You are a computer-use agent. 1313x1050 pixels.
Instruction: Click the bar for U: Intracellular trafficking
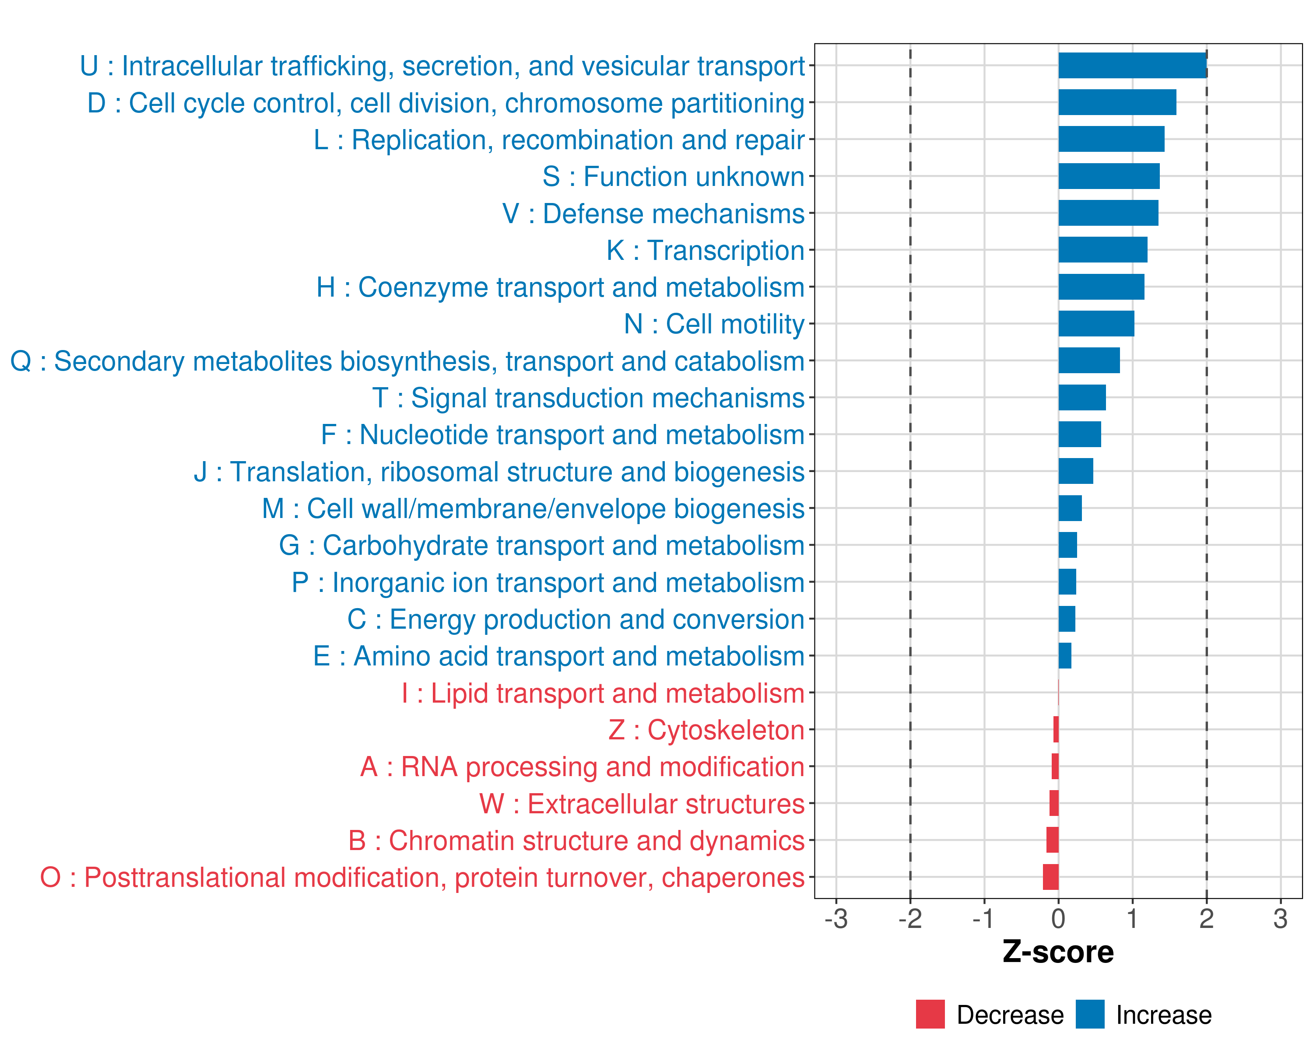(1132, 66)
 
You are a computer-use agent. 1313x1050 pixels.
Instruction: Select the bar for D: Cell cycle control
(1117, 102)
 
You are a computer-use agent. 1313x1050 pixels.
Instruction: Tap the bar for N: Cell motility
(1096, 324)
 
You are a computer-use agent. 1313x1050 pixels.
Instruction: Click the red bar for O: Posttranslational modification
(1050, 877)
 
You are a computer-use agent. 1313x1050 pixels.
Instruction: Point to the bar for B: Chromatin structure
(1052, 840)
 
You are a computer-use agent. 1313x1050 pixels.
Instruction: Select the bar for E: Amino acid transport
(1064, 655)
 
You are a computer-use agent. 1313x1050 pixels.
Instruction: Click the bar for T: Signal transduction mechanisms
(1081, 398)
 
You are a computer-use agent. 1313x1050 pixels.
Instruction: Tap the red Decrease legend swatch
(930, 1014)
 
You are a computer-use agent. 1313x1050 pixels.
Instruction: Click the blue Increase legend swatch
(1089, 1014)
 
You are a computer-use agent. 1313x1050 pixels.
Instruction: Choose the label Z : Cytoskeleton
(706, 730)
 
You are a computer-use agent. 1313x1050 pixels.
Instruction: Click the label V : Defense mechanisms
(653, 213)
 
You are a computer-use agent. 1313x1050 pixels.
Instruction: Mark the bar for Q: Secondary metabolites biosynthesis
(1089, 360)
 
